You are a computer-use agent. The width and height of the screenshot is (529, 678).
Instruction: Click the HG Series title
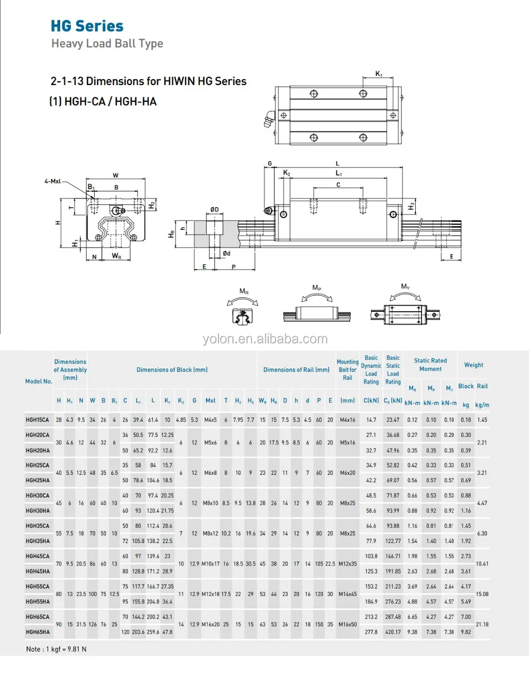pos(87,26)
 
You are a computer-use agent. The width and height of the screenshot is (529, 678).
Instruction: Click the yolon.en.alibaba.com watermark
pos(265,339)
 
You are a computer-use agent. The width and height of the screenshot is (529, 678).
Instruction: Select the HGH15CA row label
pos(38,420)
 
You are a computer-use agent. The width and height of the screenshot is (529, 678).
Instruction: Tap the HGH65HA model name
pos(38,632)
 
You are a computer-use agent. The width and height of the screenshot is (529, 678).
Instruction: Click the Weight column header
pos(473,365)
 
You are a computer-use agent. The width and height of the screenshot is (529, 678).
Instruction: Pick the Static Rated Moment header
pos(430,365)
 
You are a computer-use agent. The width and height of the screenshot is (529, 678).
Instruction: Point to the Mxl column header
pos(211,401)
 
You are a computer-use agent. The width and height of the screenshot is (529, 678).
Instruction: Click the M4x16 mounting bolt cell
pos(348,420)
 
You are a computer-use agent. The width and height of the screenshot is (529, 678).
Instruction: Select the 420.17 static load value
pos(393,632)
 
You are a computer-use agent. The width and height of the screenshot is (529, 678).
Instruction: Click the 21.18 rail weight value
pos(482,625)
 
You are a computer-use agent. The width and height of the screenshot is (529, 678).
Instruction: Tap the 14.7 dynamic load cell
pos(371,420)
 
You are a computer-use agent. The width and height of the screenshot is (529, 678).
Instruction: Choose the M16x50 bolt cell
pos(348,625)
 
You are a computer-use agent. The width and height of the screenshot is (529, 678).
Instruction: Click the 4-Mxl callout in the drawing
pos(52,181)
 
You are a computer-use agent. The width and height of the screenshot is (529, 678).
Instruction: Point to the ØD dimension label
pos(214,210)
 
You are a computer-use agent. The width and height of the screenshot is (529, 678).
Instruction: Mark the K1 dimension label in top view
pos(379,75)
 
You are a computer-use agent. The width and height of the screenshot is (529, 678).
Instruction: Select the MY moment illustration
pos(405,310)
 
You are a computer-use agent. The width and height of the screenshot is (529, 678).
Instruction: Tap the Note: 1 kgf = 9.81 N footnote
pos(56,649)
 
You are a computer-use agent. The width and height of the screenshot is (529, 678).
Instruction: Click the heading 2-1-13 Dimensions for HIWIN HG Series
pos(149,81)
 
